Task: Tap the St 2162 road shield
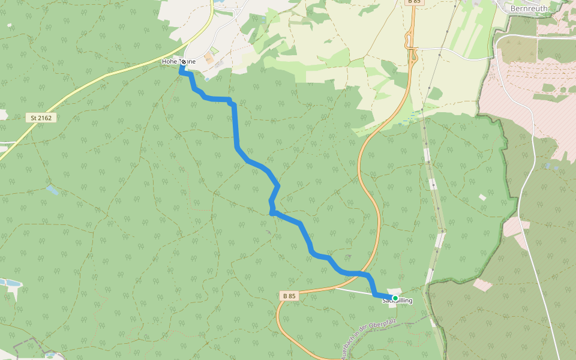(x=41, y=118)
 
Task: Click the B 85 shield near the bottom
(x=289, y=296)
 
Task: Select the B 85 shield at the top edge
(x=413, y=2)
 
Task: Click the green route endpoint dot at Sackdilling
(x=395, y=298)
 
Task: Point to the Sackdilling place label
(x=397, y=301)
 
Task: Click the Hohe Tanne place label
(x=178, y=61)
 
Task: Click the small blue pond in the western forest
(x=52, y=190)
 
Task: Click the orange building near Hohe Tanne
(x=208, y=59)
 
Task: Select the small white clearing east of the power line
(x=482, y=197)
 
